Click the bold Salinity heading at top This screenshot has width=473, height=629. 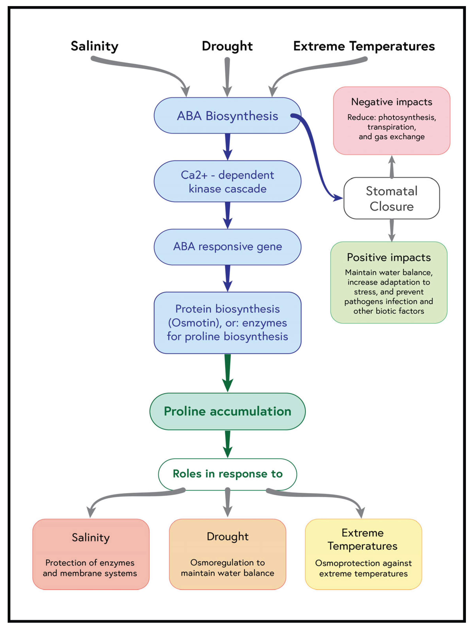[94, 46]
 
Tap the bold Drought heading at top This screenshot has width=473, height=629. [227, 46]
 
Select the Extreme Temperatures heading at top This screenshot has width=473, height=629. [364, 46]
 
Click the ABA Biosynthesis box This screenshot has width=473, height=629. [227, 116]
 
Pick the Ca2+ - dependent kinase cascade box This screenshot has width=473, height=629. [227, 181]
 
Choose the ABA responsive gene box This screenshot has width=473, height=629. [227, 246]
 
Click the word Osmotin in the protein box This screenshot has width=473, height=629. [194, 323]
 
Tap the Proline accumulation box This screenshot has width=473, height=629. [227, 411]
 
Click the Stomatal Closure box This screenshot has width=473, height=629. [391, 198]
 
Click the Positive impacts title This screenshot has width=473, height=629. [388, 257]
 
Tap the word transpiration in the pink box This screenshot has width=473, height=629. [391, 127]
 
